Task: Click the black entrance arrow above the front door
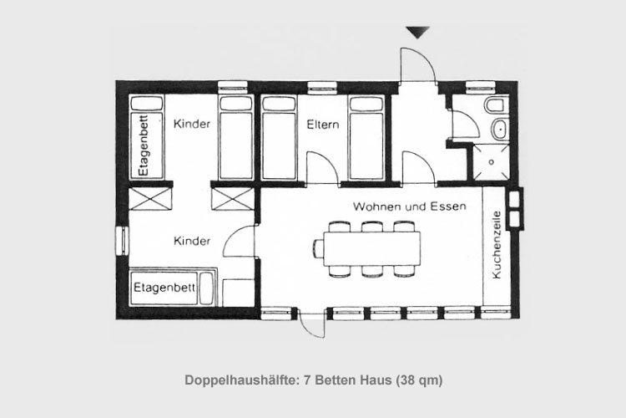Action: click(x=417, y=32)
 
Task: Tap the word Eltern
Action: click(x=323, y=125)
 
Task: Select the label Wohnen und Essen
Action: click(x=410, y=206)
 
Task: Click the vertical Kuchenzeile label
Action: click(x=497, y=245)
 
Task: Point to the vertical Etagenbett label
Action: click(x=144, y=145)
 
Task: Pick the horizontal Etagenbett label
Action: click(x=164, y=288)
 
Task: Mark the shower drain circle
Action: click(x=492, y=162)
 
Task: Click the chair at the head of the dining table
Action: click(x=319, y=249)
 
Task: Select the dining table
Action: click(x=372, y=249)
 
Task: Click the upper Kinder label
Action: click(x=192, y=124)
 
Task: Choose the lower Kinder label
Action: click(x=192, y=241)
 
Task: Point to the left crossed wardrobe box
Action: click(x=150, y=199)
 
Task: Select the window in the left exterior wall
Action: click(x=122, y=240)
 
